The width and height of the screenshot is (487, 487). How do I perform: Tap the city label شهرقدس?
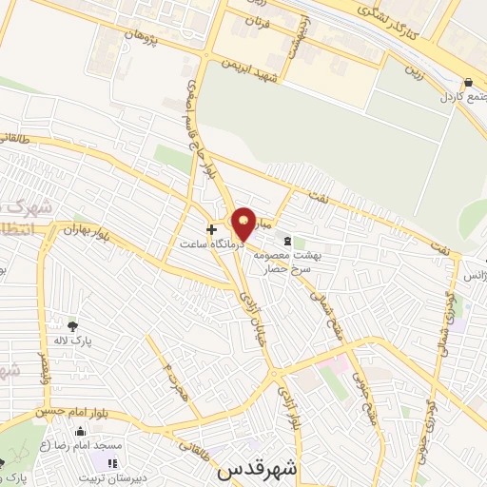point(258,469)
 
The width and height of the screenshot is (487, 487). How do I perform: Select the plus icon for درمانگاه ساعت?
point(211,229)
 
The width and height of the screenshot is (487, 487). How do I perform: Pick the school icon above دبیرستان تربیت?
point(112,464)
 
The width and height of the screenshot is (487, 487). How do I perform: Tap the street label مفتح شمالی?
point(334,309)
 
